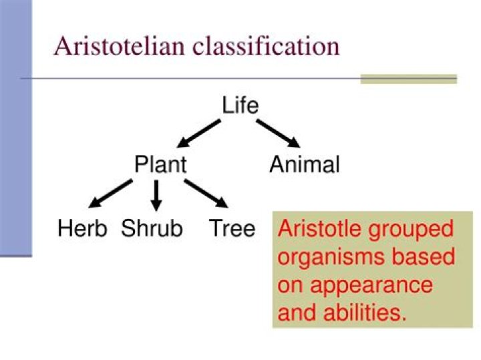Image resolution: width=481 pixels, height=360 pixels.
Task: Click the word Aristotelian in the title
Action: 120,46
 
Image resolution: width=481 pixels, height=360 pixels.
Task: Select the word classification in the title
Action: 267,46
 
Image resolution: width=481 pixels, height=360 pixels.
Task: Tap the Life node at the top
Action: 240,105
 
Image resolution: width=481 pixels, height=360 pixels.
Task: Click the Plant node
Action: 161,164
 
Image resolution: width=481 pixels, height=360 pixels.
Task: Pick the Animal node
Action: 305,164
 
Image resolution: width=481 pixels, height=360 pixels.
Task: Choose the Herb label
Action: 82,228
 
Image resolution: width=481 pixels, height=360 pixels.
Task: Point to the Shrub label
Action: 152,228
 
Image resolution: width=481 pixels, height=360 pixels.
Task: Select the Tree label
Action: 232,228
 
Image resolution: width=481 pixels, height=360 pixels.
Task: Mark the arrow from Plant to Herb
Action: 110,194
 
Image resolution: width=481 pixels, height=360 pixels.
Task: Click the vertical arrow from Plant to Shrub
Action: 156,195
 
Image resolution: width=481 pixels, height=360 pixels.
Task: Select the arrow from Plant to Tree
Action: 206,194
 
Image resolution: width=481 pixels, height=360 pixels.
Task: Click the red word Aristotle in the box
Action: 319,228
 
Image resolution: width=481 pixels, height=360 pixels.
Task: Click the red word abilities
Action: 365,313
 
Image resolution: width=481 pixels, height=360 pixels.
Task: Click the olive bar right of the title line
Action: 409,79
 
